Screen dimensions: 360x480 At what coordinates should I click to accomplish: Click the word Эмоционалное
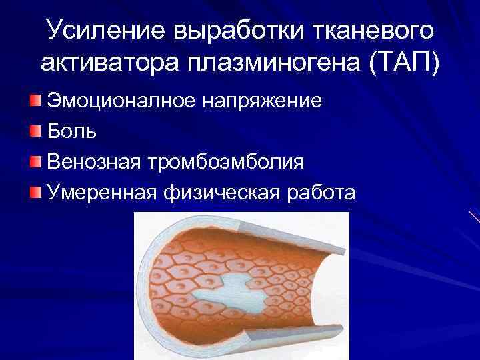click(119, 101)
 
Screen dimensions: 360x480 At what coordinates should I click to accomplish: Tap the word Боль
click(72, 131)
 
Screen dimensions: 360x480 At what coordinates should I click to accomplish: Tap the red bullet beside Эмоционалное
click(35, 101)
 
